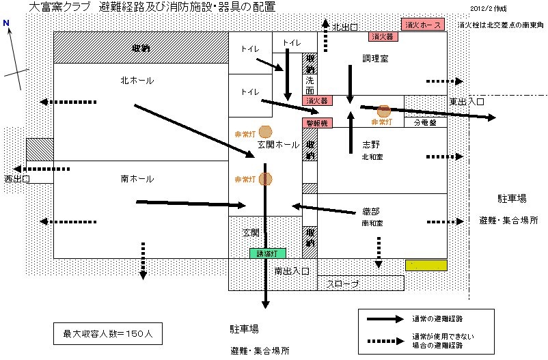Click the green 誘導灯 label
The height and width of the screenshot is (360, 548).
click(267, 253)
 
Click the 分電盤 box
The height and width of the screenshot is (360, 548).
click(426, 123)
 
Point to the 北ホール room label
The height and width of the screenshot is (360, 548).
click(137, 81)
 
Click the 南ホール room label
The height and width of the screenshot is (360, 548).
click(137, 179)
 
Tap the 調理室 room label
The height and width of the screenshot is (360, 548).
click(375, 59)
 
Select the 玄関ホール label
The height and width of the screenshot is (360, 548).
click(278, 146)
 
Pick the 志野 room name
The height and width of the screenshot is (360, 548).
click(371, 145)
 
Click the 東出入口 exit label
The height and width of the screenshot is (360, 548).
click(467, 101)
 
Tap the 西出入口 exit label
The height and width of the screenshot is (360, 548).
click(18, 179)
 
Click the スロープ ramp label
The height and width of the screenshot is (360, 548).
click(343, 283)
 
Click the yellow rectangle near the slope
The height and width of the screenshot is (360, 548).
click(426, 264)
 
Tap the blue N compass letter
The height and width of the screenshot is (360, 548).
click(6, 23)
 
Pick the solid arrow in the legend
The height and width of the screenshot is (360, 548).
click(385, 318)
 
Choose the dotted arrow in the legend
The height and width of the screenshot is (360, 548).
click(385, 340)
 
